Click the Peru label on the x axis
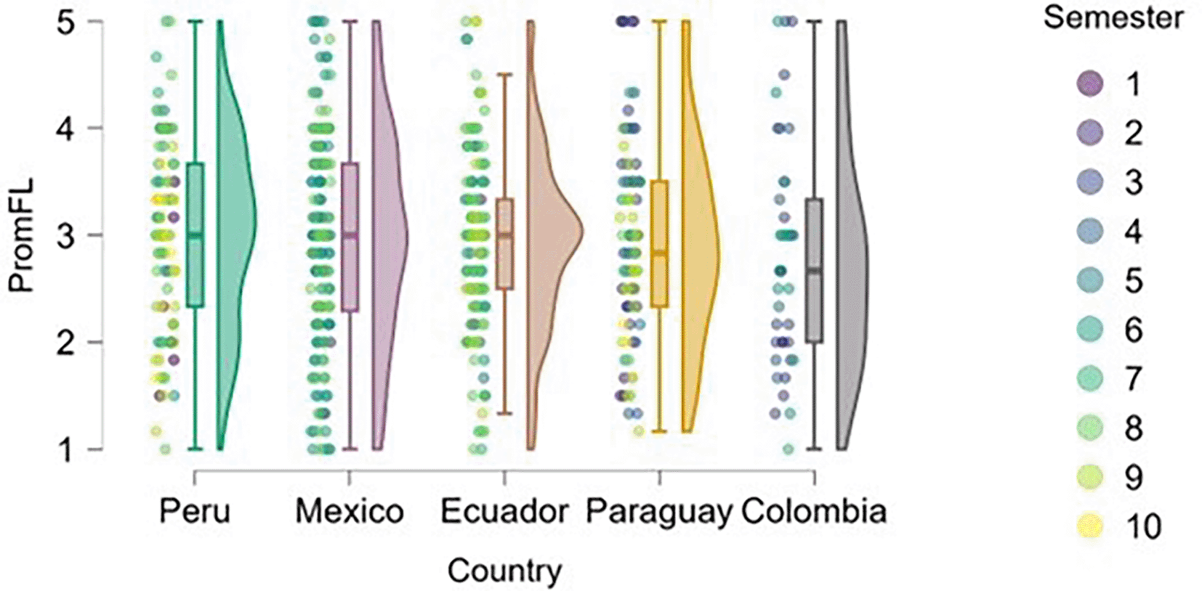click(194, 512)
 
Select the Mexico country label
click(350, 512)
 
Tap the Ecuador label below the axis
click(504, 512)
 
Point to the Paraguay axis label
click(659, 513)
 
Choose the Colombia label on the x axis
click(814, 512)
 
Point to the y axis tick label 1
click(65, 449)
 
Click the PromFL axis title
click(22, 235)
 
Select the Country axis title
click(504, 571)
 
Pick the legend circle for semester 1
click(1090, 83)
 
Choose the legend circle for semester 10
click(1090, 526)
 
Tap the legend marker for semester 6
click(1090, 330)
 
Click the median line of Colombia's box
click(815, 271)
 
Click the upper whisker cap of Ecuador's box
click(504, 75)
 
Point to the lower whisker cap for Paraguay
click(659, 431)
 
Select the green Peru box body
click(195, 235)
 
